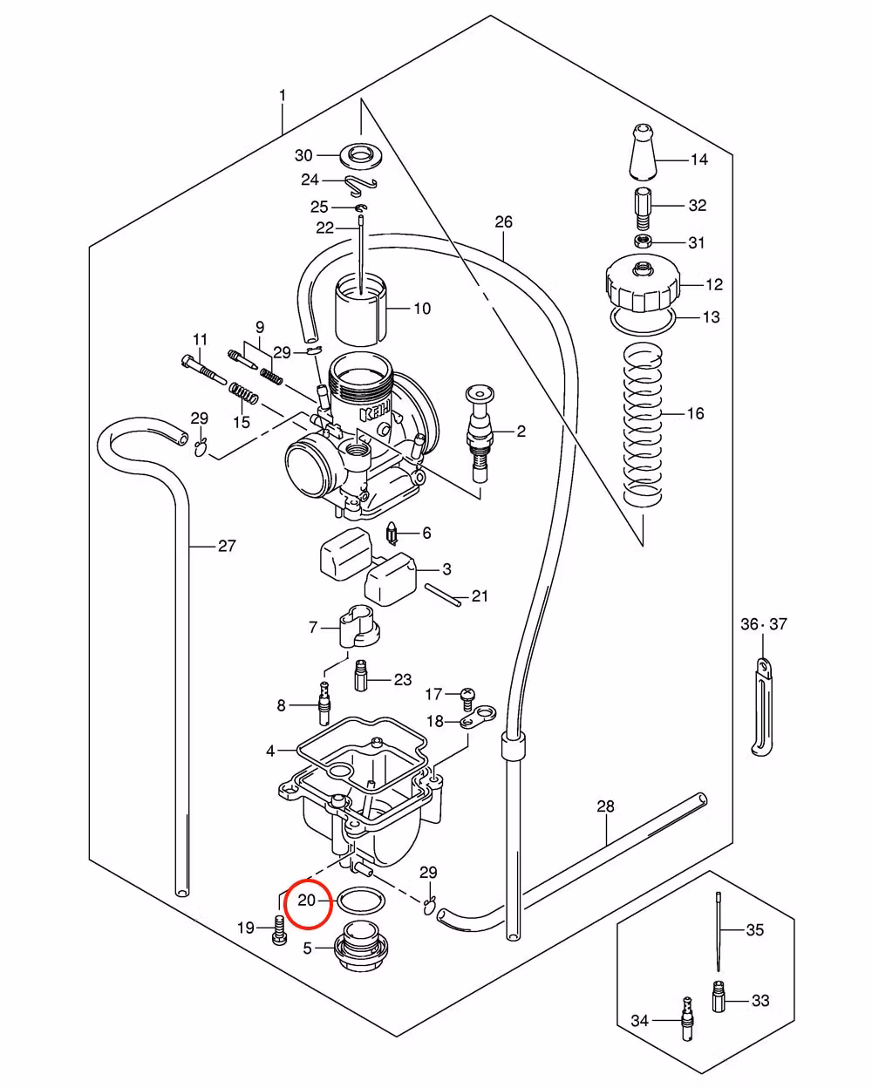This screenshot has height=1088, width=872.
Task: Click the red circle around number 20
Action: tap(310, 900)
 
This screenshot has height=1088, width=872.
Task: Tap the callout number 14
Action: tap(699, 160)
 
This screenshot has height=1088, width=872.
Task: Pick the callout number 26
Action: tap(504, 222)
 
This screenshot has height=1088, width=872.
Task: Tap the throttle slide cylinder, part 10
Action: tap(361, 309)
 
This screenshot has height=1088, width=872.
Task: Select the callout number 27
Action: tap(227, 547)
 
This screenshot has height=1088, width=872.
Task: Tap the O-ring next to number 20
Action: tap(358, 901)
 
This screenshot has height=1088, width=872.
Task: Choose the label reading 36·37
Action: tap(764, 624)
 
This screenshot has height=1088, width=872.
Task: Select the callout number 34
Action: tap(640, 1020)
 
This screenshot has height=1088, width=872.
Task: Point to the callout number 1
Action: tap(282, 94)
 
